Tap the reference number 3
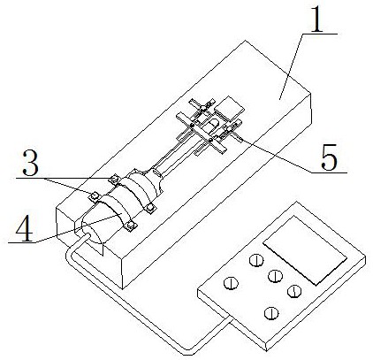(x=31, y=163)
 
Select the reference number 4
(x=25, y=228)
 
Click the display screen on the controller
(x=305, y=250)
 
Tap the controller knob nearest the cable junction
(x=271, y=312)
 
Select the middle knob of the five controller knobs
(x=275, y=276)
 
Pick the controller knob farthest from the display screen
(x=231, y=283)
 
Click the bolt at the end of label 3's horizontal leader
(x=114, y=179)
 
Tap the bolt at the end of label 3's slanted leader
(x=95, y=195)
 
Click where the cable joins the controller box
(x=232, y=318)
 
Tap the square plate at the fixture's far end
(x=230, y=109)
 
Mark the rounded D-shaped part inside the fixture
(x=212, y=126)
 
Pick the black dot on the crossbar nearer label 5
(x=210, y=139)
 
